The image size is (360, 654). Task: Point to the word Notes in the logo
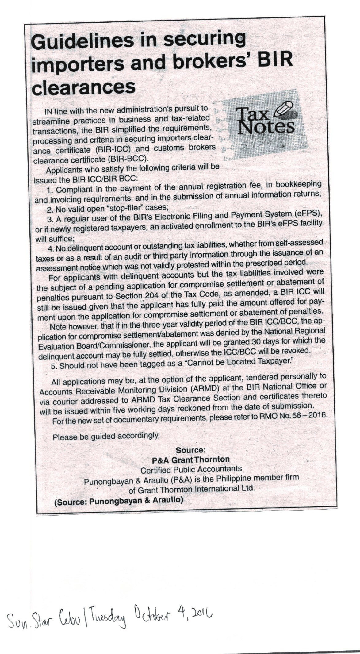tap(267, 126)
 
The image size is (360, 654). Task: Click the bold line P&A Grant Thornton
tap(190, 460)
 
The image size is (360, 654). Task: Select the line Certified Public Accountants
tap(191, 469)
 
